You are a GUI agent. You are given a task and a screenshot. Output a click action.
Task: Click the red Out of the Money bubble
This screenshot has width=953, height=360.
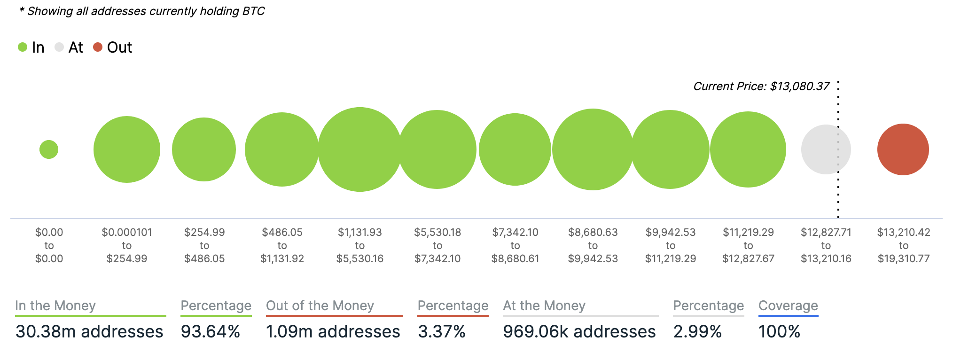click(903, 149)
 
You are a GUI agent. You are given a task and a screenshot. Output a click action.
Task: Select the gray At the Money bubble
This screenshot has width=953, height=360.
click(826, 149)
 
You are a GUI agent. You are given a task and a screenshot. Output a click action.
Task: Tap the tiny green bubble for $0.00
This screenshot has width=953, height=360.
click(49, 149)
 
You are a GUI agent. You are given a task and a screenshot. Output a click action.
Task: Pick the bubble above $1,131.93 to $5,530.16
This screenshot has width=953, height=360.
click(360, 149)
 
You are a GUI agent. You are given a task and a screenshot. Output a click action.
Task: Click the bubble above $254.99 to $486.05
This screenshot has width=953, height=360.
click(204, 149)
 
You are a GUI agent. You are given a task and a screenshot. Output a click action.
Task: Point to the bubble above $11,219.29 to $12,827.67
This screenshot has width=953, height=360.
click(748, 149)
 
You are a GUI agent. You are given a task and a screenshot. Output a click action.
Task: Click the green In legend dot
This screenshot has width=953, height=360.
click(23, 47)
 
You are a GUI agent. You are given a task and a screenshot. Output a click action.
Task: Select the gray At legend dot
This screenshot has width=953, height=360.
click(59, 47)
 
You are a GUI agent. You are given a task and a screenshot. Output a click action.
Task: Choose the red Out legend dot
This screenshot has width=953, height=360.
click(98, 47)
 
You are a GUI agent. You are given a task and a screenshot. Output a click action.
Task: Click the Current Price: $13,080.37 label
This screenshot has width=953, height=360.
click(761, 86)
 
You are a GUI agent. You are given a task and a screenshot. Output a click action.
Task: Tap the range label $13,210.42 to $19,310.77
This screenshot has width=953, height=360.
click(904, 245)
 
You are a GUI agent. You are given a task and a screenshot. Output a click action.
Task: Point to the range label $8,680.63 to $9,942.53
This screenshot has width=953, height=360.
click(593, 245)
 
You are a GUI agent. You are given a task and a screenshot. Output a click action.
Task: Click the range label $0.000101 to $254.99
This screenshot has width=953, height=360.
click(127, 245)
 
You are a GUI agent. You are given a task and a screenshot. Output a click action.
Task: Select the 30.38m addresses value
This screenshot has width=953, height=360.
click(89, 332)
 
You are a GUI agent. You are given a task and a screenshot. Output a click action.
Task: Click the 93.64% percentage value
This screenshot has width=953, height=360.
click(211, 332)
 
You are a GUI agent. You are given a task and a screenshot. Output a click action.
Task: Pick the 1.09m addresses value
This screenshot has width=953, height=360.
click(333, 332)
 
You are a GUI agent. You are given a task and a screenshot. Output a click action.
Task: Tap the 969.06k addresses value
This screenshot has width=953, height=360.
click(579, 332)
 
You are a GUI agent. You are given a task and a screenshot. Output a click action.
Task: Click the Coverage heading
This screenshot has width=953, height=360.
click(788, 306)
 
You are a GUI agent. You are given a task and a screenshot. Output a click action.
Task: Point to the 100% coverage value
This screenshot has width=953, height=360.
click(779, 332)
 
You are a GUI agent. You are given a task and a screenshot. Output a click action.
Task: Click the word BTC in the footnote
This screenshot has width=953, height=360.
click(254, 11)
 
